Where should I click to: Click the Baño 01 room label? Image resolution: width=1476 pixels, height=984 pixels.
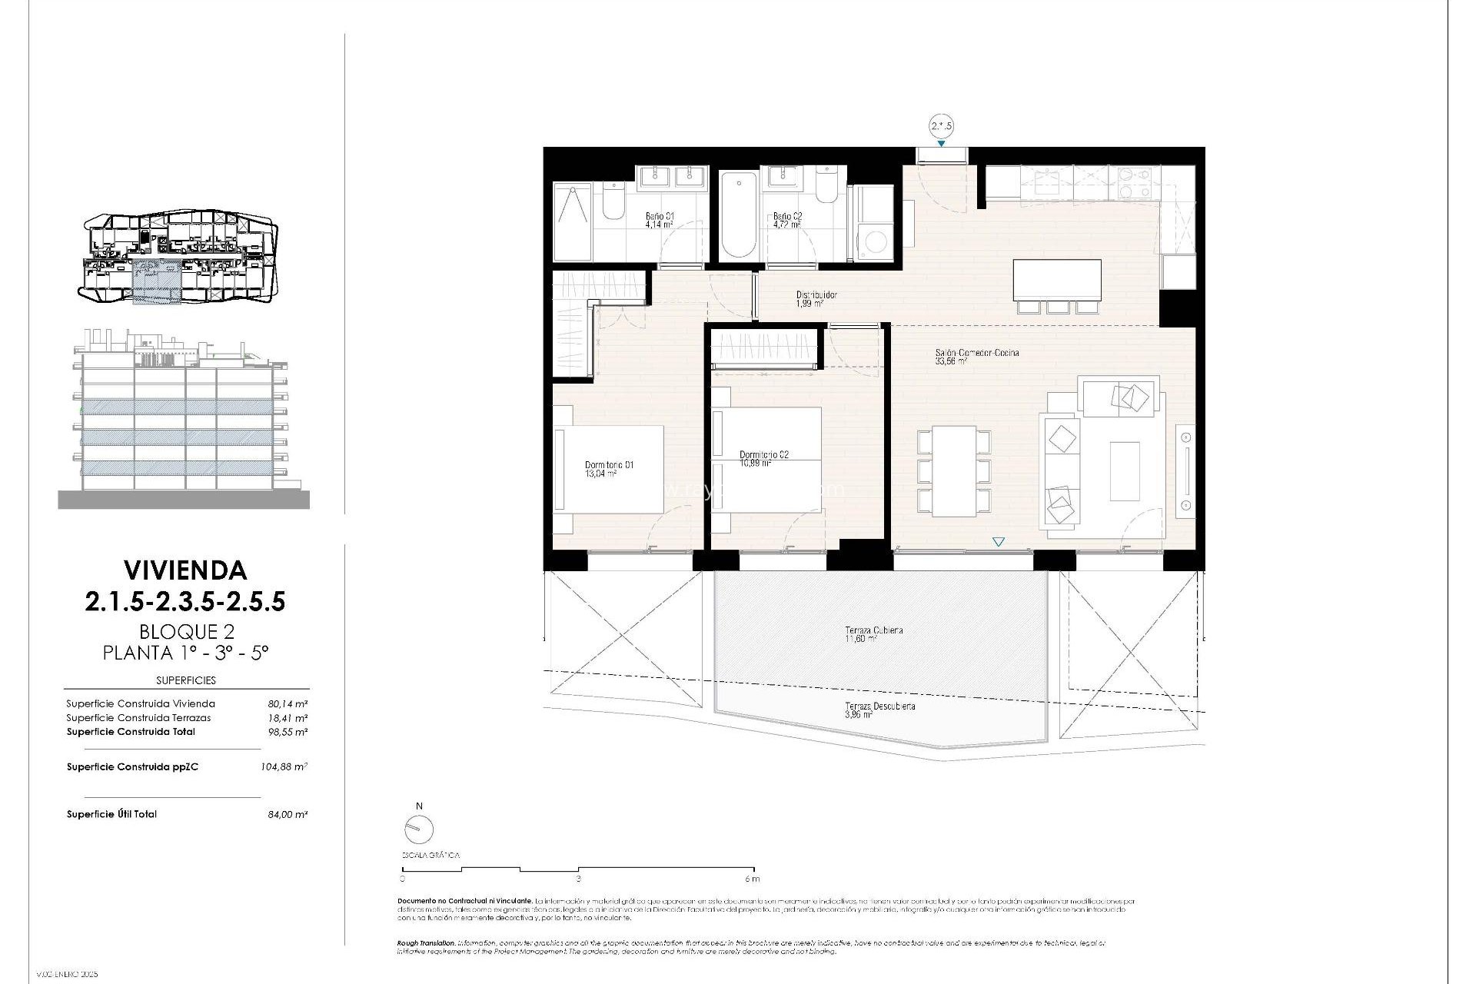pos(659,217)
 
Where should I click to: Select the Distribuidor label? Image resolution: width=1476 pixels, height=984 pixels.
pos(816,294)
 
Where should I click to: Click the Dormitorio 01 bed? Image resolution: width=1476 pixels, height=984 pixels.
pos(609,469)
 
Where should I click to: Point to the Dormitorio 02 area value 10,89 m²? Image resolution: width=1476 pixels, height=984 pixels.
pos(755,464)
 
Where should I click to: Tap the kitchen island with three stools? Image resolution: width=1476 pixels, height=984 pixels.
pos(1057,281)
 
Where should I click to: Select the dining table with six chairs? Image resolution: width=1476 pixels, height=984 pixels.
pos(954,471)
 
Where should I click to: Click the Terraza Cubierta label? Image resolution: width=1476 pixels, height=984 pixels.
pos(873,630)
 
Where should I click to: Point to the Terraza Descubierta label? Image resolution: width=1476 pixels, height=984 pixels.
pos(879,706)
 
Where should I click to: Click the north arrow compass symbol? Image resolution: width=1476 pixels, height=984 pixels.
pos(419,829)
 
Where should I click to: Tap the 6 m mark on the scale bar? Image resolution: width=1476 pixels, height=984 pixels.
pos(752,878)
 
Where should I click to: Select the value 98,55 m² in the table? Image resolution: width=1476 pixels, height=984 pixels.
pos(288,732)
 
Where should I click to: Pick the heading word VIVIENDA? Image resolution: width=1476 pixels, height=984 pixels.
pos(185,570)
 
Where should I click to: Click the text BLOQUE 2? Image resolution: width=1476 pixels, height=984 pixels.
pos(186,632)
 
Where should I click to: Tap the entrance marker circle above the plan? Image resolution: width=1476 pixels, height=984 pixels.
pos(941,127)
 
